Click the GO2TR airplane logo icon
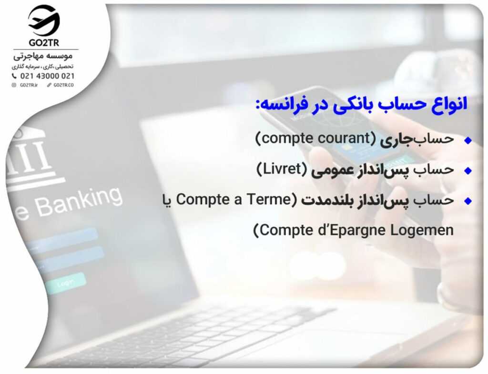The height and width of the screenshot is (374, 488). click(x=44, y=20)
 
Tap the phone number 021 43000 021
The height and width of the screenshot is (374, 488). click(x=47, y=76)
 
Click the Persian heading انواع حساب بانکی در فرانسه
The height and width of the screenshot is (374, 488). click(x=361, y=104)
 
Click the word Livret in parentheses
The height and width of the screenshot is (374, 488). click(x=282, y=169)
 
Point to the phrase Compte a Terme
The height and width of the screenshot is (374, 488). click(x=234, y=200)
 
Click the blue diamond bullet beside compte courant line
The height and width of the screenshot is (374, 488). click(x=468, y=141)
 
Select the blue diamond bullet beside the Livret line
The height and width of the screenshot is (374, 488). click(x=468, y=171)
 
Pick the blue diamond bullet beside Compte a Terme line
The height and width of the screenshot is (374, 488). click(x=468, y=201)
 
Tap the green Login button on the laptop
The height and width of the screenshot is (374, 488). click(x=66, y=283)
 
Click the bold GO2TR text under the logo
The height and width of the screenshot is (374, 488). click(x=44, y=42)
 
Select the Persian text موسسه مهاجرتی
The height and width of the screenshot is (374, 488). click(x=43, y=56)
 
